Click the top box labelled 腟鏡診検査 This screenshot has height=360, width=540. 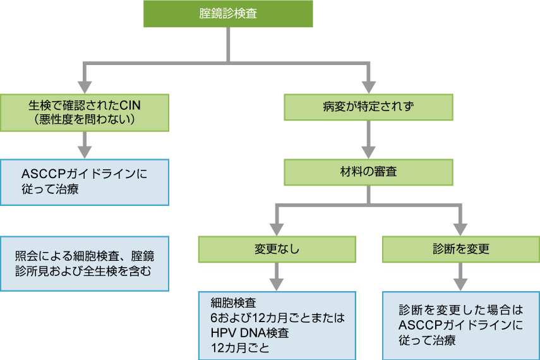pyautogui.click(x=228, y=14)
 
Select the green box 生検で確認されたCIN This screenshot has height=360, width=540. pyautogui.click(x=85, y=112)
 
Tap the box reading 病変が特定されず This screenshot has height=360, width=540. pyautogui.click(x=369, y=107)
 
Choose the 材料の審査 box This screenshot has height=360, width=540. pyautogui.click(x=369, y=171)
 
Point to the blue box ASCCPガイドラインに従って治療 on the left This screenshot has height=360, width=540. pyautogui.click(x=85, y=182)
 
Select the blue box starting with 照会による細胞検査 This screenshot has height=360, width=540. pyautogui.click(x=85, y=264)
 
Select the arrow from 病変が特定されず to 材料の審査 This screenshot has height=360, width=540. pyautogui.click(x=369, y=140)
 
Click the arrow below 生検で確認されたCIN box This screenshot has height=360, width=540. pyautogui.click(x=85, y=145)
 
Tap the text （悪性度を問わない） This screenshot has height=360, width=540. pyautogui.click(x=85, y=119)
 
